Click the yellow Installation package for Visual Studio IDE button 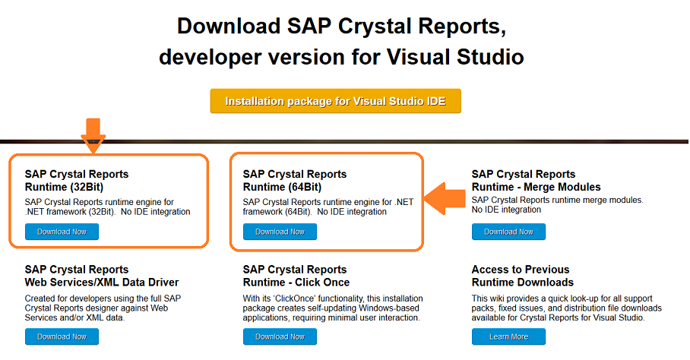[335, 101]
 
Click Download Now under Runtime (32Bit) [62, 232]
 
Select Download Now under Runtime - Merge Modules [508, 232]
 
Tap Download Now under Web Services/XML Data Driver [62, 336]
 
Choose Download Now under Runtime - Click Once [280, 336]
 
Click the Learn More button [508, 336]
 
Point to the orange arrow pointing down [93, 135]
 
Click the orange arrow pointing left [445, 198]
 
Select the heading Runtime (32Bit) [65, 187]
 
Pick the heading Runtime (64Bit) [282, 187]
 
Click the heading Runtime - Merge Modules [536, 187]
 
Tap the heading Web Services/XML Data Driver [102, 283]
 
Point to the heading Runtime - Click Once [296, 283]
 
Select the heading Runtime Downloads [523, 283]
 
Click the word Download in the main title [229, 26]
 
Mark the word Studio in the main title [490, 57]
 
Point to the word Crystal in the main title [375, 27]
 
